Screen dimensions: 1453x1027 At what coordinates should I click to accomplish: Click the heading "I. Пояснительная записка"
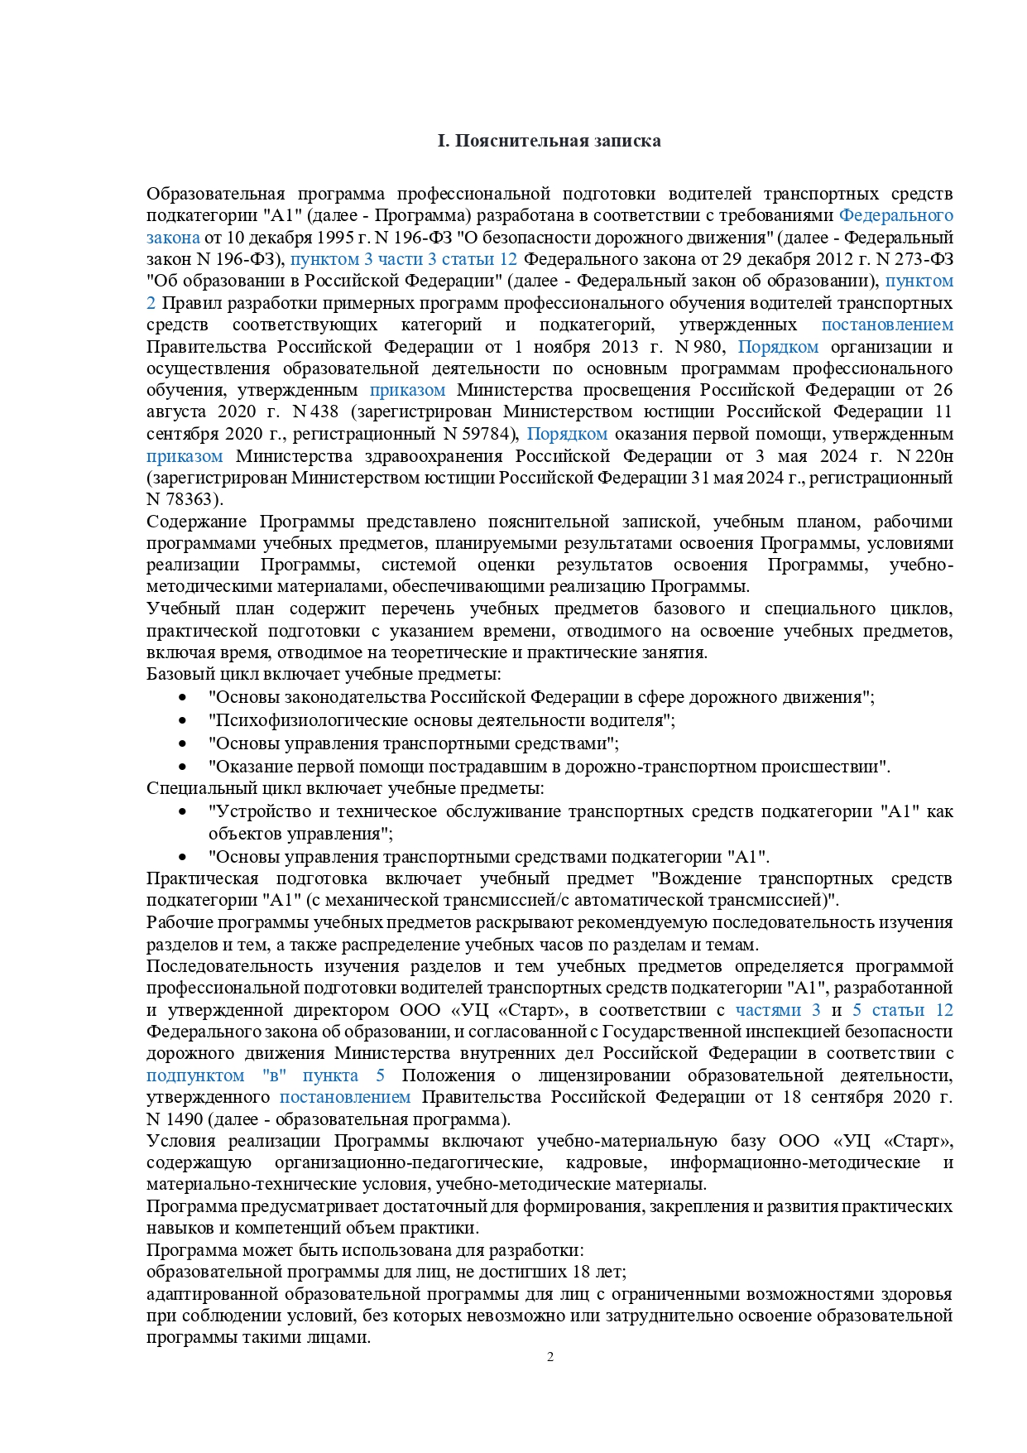(549, 141)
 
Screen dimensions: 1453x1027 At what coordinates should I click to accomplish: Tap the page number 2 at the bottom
(550, 1357)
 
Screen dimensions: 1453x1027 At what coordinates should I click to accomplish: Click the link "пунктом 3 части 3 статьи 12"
(404, 259)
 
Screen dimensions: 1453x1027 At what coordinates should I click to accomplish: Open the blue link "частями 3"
(777, 1010)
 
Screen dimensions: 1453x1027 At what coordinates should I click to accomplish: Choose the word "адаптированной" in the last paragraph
(207, 1294)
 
